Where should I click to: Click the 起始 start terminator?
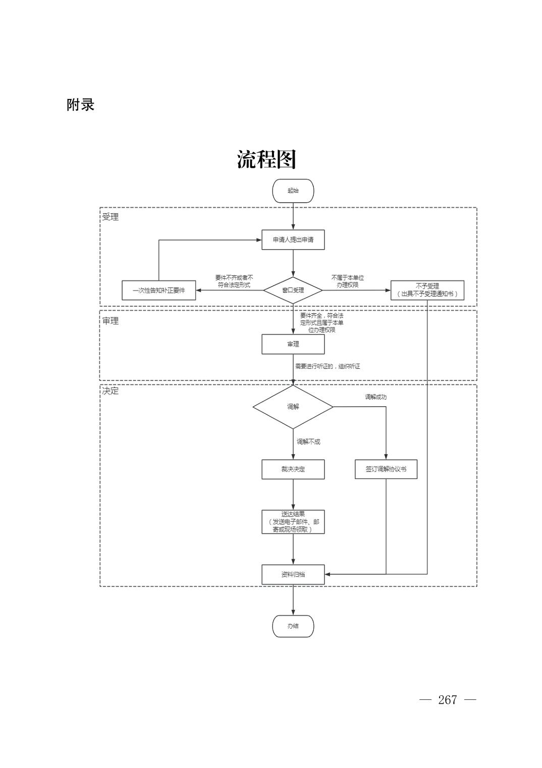[x=293, y=190]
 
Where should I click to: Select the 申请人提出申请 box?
[x=293, y=239]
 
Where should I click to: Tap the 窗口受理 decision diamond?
[x=293, y=290]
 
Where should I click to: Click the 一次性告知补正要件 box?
[x=158, y=291]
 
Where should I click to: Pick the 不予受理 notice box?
[x=427, y=290]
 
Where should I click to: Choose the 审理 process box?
[x=293, y=344]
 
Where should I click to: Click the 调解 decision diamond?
[x=293, y=407]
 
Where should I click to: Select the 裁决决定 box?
[x=293, y=469]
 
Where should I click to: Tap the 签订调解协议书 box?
[x=386, y=469]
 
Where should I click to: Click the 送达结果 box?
[x=293, y=522]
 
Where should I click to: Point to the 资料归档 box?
[x=293, y=574]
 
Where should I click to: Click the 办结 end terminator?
[x=293, y=626]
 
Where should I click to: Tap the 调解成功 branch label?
[x=375, y=397]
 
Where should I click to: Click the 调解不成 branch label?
[x=308, y=442]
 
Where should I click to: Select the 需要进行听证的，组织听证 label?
[x=328, y=366]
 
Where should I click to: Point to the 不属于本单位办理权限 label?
[x=347, y=281]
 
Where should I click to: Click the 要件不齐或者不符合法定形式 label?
[x=234, y=281]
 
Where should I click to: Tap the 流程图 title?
[x=266, y=160]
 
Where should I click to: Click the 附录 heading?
[x=81, y=105]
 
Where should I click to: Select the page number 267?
[x=447, y=700]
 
